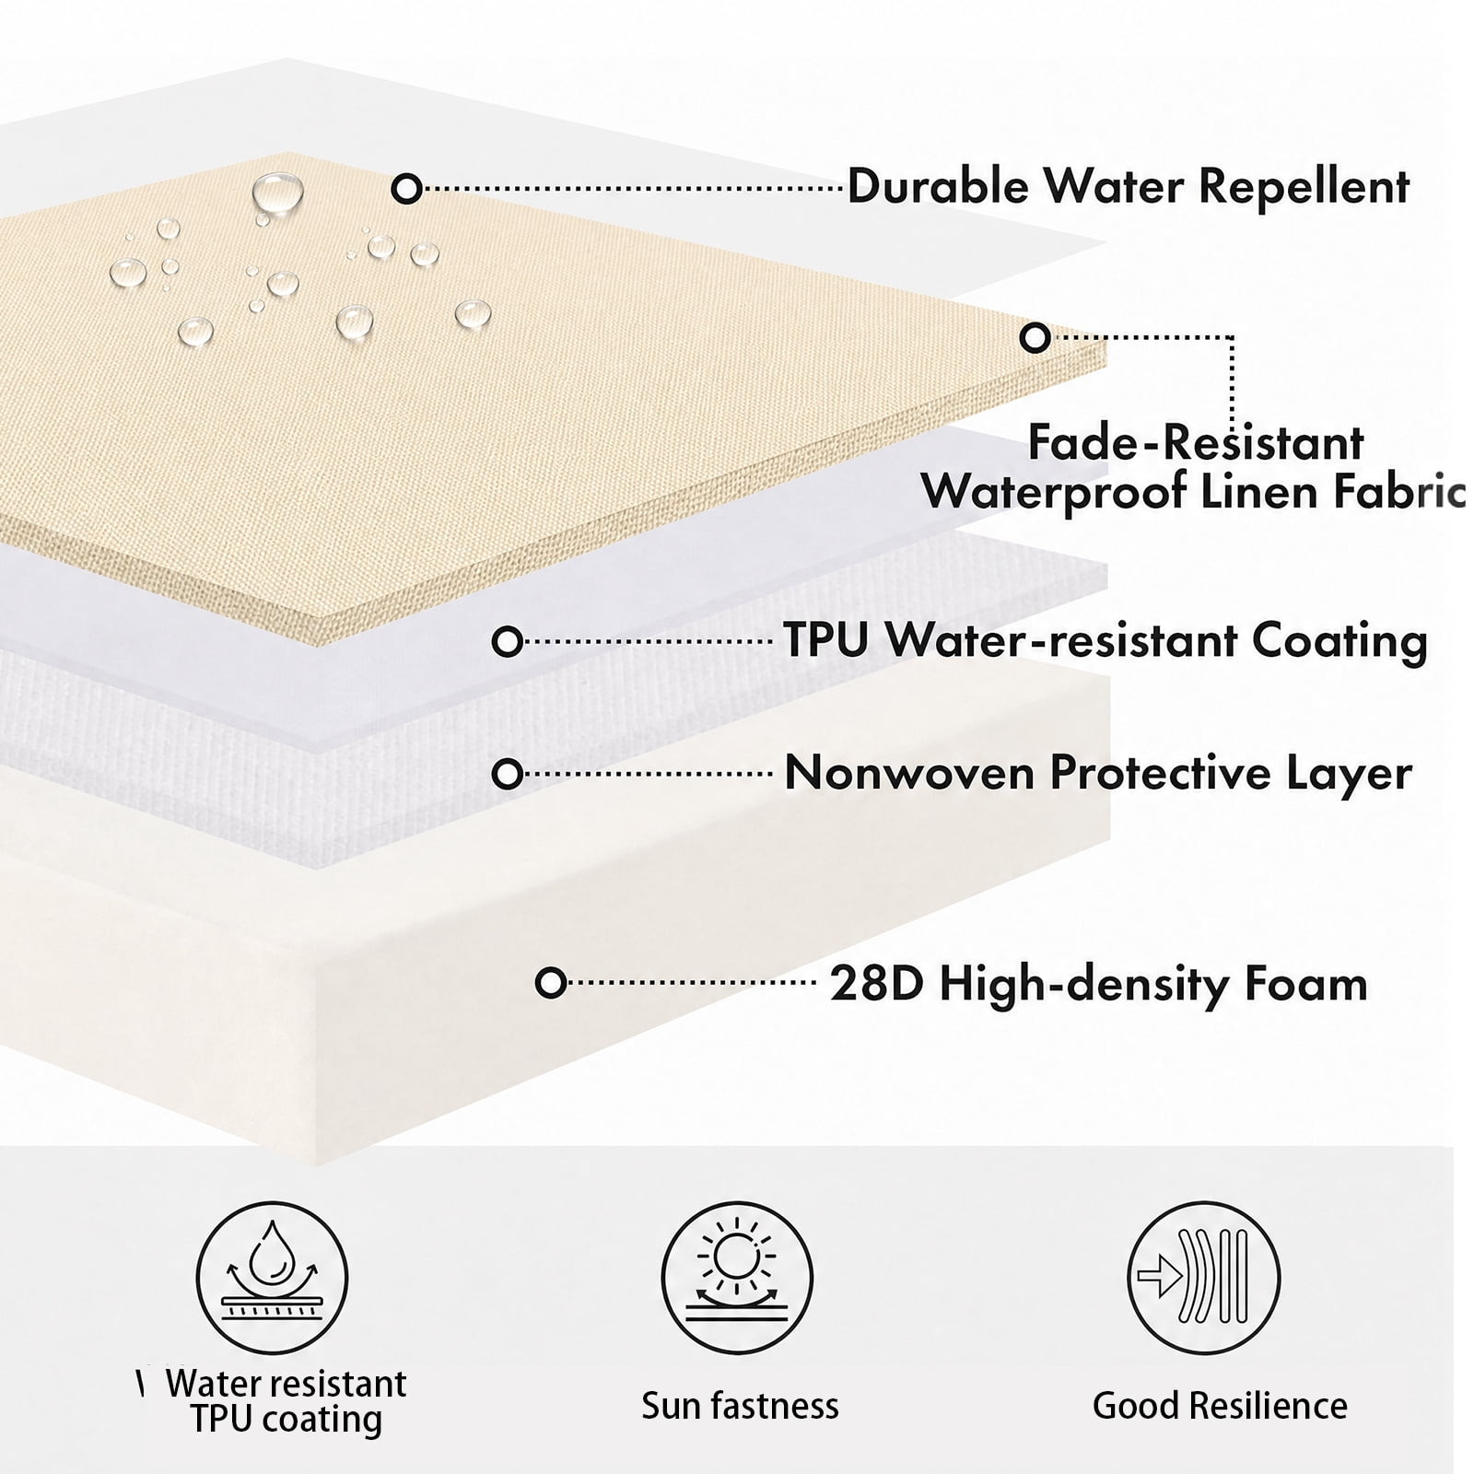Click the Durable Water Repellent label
[1129, 187]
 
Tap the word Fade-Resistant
[1195, 443]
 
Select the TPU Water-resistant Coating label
[1105, 640]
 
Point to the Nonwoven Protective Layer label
[1098, 772]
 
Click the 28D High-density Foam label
[1099, 984]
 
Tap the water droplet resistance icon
[273, 1278]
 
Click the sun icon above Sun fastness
[737, 1278]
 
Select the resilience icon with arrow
[1204, 1278]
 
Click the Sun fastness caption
[740, 1406]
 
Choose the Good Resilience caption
[1220, 1406]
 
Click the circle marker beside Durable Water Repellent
[406, 189]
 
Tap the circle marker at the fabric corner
[1035, 338]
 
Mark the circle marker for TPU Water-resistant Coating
[508, 641]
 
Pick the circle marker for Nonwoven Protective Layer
[508, 774]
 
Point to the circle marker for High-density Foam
[551, 983]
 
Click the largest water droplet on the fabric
[277, 193]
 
